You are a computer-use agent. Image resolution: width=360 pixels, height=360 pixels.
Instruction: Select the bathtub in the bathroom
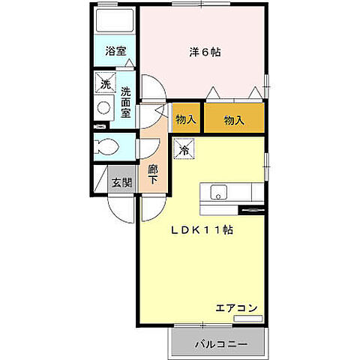pos(115,20)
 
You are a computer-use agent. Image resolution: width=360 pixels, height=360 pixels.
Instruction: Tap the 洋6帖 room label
pos(205,52)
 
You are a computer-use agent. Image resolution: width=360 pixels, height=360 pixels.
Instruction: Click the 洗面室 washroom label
pos(126,101)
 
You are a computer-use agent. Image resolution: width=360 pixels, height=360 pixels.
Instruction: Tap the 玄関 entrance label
pos(121,181)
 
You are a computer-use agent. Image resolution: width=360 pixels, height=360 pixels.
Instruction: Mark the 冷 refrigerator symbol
pos(184,150)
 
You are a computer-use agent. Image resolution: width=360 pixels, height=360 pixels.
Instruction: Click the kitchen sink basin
pos(219,193)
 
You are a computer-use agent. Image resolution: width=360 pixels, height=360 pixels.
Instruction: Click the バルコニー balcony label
pos(220,345)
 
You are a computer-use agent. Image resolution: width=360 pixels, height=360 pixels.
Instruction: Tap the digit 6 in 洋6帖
pos(204,52)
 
